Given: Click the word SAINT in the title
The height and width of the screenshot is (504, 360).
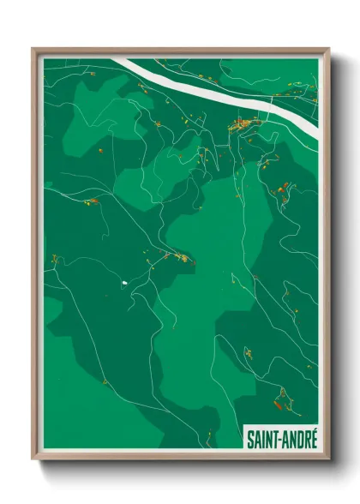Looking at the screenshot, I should point(263,440).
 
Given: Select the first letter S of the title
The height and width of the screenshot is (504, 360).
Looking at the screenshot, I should point(250,440).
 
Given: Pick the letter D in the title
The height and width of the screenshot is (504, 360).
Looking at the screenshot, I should point(297,440).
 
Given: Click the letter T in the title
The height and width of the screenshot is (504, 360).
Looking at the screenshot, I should point(274,440).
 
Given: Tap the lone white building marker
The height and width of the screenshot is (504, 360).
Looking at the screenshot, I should point(124,281).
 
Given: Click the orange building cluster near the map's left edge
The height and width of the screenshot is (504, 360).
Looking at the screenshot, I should point(90,201).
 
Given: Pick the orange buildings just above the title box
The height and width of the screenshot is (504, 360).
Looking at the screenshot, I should point(280,397).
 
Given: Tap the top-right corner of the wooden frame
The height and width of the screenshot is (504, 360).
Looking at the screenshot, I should point(328,50).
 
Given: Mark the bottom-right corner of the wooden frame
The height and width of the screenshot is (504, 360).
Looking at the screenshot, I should point(328,459).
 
